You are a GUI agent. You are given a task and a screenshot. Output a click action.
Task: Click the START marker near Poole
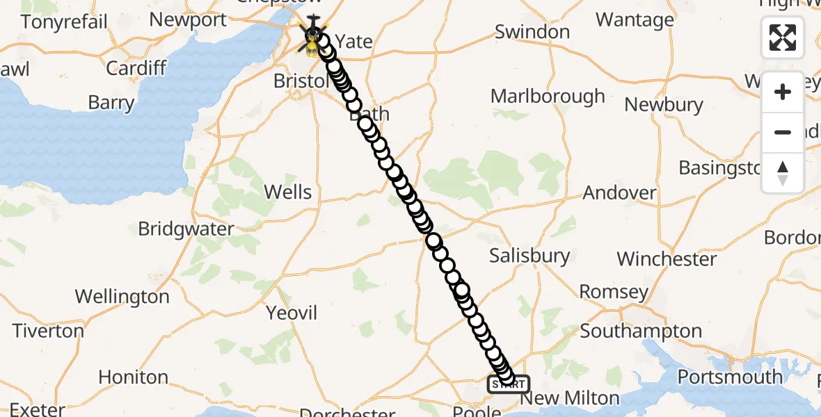508,384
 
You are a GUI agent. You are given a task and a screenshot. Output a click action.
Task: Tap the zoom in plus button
783,92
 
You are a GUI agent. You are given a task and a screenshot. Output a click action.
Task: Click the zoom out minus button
783,132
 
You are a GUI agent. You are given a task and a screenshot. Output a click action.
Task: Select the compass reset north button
783,172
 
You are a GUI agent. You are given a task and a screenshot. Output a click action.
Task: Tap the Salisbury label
529,256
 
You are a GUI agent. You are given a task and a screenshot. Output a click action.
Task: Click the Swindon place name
532,32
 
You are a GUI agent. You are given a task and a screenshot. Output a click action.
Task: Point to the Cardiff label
136,68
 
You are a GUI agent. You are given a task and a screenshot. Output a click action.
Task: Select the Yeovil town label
292,313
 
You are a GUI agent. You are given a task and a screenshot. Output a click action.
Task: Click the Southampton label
641,332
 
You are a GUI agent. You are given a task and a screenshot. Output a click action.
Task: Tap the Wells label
288,192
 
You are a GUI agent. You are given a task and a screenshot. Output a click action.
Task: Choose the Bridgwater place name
186,229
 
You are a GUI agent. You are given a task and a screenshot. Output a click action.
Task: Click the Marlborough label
548,96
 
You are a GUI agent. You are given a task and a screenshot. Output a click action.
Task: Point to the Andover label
620,193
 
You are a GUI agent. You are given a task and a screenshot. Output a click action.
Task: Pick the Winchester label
667,259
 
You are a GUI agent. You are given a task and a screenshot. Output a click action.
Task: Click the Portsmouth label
730,377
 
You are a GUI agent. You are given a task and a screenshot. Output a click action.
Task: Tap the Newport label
188,20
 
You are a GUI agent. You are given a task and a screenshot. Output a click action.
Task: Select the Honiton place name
133,377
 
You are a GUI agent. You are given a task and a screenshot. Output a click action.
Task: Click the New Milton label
570,398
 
